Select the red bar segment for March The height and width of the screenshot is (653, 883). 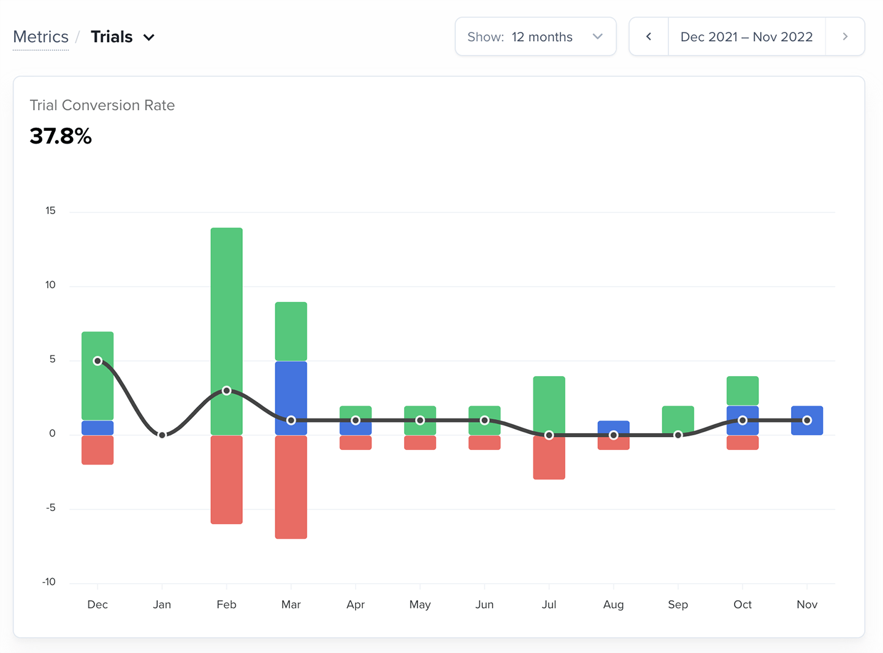tap(291, 487)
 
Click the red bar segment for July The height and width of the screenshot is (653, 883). tap(549, 457)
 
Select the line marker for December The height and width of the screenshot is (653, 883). tap(97, 361)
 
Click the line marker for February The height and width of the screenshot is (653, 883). tap(226, 390)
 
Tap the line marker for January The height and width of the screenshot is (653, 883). tap(162, 435)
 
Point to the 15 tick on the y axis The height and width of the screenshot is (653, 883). tap(50, 211)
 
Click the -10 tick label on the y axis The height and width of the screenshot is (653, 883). tap(49, 582)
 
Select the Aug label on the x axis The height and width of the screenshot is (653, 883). tap(613, 605)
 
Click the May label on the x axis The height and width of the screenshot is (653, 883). tap(420, 605)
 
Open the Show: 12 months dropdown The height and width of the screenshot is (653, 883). tap(535, 37)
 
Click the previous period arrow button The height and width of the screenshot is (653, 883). tap(649, 37)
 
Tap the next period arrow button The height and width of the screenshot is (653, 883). tap(845, 37)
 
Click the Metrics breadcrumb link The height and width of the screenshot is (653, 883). tap(40, 37)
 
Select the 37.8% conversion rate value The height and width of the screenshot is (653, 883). tap(61, 136)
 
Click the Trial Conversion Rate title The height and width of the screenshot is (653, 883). tap(102, 106)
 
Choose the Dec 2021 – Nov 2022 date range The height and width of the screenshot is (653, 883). tap(746, 37)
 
